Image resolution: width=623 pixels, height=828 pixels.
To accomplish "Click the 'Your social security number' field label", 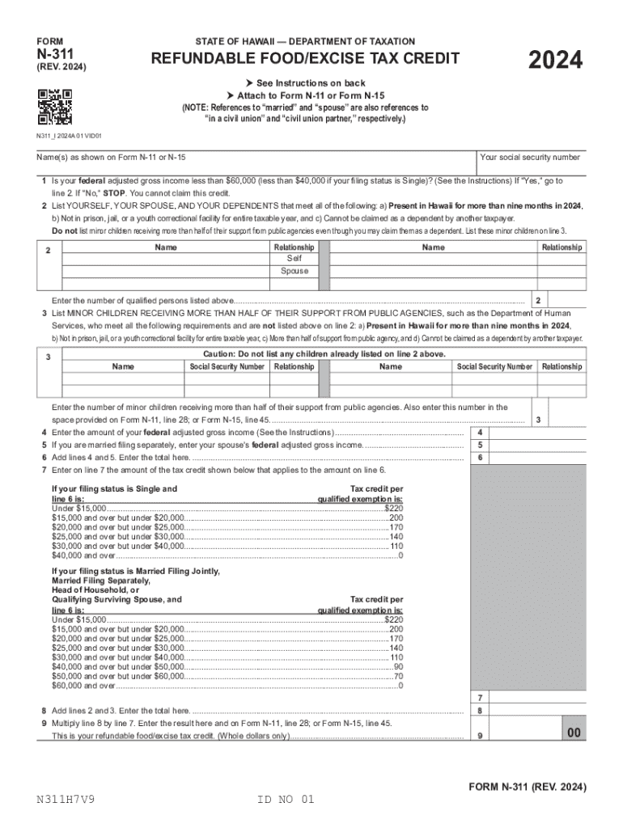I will [530, 157].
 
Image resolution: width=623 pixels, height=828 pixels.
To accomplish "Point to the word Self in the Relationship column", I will [295, 258].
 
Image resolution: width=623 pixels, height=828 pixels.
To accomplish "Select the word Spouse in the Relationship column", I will [295, 271].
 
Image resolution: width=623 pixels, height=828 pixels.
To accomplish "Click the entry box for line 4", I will [536, 432].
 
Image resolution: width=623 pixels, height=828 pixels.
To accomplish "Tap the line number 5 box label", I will [481, 445].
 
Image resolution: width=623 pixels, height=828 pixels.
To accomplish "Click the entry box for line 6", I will [536, 458].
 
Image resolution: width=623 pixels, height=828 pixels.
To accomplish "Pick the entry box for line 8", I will [536, 711].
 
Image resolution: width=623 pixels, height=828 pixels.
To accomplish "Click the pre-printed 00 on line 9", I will [574, 733].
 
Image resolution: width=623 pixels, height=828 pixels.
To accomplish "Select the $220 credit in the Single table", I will [393, 507].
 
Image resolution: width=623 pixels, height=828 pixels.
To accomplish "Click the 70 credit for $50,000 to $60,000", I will [398, 676].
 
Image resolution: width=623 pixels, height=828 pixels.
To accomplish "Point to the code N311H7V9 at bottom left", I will [69, 800].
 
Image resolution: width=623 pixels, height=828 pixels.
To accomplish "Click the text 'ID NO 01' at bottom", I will [285, 800].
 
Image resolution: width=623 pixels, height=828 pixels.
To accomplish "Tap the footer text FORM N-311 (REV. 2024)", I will [527, 787].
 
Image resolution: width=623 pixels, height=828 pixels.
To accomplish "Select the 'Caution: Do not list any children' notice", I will [324, 354].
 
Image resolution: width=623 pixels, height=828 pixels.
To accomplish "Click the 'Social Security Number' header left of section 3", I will [227, 367].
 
